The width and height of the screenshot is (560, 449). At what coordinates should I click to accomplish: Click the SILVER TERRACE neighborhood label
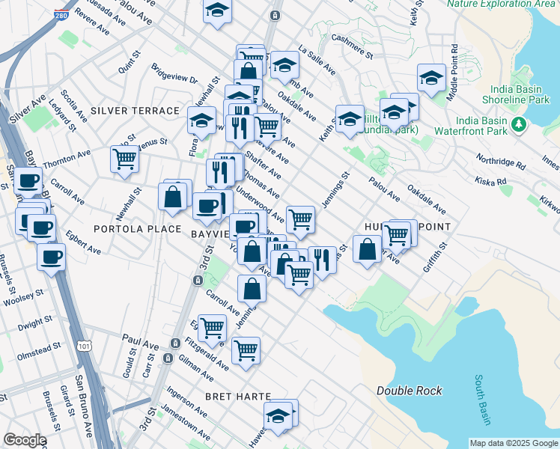point(135,111)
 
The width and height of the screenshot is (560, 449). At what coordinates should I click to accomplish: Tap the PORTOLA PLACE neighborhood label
point(136,229)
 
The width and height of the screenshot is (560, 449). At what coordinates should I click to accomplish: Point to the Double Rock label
point(409,391)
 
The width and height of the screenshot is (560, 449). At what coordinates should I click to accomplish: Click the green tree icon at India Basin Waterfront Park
point(518,123)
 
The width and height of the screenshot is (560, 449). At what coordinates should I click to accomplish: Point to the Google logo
point(25,440)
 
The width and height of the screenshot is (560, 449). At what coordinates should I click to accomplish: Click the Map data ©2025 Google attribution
point(514,443)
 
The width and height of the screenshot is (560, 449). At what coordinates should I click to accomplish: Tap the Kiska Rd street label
point(490,180)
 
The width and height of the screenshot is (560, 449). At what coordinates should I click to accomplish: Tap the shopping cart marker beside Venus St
point(124,159)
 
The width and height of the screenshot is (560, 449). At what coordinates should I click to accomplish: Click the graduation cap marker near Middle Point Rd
point(431,78)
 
